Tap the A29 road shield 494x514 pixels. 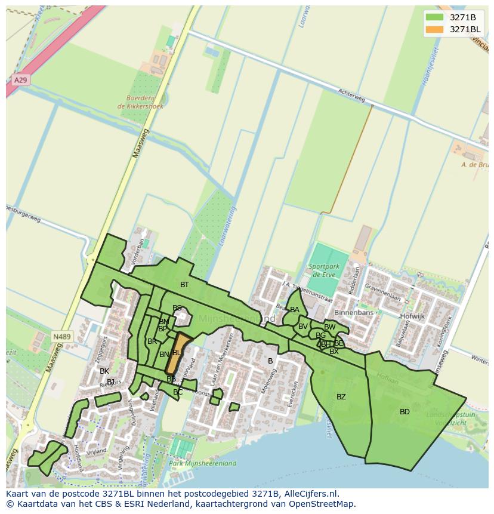pos(20,79)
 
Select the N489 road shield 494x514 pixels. pos(61,337)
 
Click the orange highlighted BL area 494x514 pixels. pos(176,353)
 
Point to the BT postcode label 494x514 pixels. pos(184,285)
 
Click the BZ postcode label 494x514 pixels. pos(341,397)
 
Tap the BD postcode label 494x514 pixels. pos(405,412)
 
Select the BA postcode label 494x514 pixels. pos(295,310)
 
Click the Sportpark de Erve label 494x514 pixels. pos(324,270)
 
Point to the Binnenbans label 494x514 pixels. pos(354,313)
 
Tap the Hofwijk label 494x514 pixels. pos(412,316)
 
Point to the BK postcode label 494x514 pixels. pos(104,371)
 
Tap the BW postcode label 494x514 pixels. pos(329,327)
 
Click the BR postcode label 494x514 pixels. pos(152,341)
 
